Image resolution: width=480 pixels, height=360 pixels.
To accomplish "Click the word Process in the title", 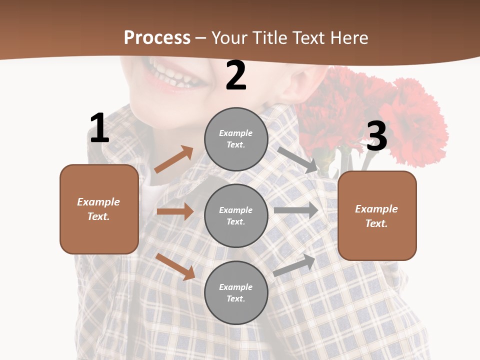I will click(x=157, y=37).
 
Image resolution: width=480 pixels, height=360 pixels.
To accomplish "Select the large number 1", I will click(x=99, y=128).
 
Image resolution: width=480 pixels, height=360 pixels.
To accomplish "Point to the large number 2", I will click(x=236, y=75).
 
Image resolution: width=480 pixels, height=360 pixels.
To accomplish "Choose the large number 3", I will click(x=377, y=136).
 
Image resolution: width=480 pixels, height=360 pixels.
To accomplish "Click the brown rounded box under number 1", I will click(x=99, y=209).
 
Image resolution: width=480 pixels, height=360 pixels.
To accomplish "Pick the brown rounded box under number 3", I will click(x=377, y=216).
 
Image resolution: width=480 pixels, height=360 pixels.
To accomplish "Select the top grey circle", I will click(x=236, y=139).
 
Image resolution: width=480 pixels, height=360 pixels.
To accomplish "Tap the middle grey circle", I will click(x=236, y=215).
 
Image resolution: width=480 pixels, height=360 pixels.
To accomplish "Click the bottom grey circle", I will click(x=236, y=292).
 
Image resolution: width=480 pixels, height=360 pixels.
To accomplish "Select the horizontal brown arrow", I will click(x=175, y=211).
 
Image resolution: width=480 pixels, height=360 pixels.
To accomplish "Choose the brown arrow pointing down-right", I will click(x=175, y=266).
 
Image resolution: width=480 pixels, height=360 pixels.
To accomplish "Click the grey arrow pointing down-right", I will click(x=297, y=159).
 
